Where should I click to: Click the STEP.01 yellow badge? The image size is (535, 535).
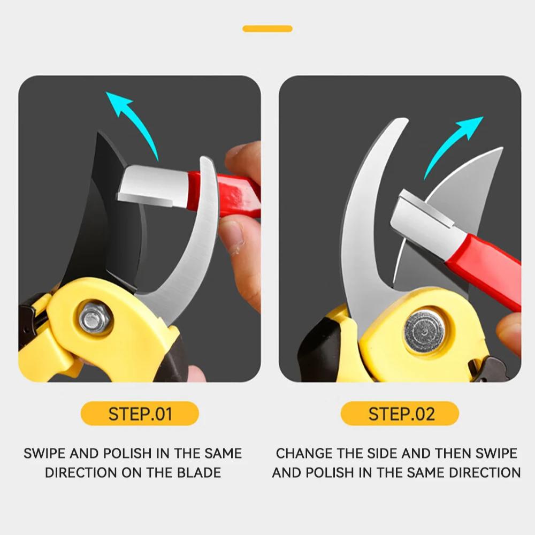click(x=140, y=414)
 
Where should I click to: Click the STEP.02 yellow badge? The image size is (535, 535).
click(x=400, y=414)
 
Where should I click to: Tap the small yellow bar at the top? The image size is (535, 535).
click(x=267, y=28)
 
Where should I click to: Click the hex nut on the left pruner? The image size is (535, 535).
click(x=95, y=318)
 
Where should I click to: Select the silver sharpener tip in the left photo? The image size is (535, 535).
click(x=152, y=187)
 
